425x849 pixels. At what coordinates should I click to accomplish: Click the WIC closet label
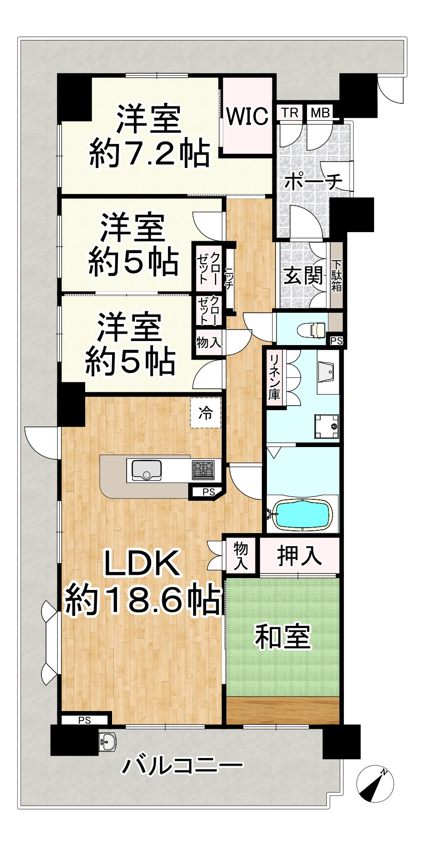[247, 117]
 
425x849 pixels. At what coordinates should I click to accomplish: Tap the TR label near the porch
[289, 112]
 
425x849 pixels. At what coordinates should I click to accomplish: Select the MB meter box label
[320, 112]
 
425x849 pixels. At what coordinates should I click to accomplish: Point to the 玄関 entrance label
[303, 276]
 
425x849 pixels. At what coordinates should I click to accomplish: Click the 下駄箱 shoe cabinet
[337, 276]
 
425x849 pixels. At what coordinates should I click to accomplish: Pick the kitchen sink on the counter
[146, 470]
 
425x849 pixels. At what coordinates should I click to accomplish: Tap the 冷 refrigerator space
[205, 413]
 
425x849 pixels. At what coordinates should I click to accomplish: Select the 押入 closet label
[299, 556]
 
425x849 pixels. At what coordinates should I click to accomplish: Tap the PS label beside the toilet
[336, 341]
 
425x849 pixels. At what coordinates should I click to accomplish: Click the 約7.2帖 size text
[149, 153]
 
